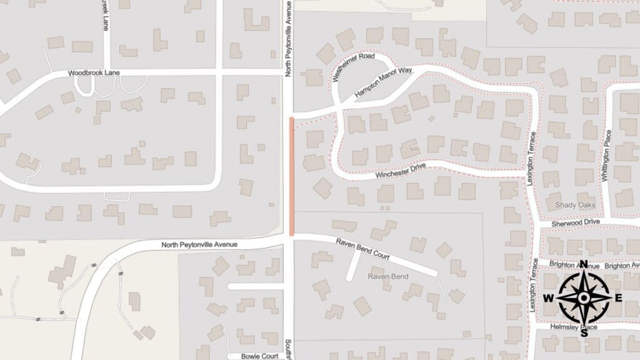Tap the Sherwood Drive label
[576, 222]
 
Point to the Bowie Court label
[261, 356]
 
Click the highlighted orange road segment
[292, 176]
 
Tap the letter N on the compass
[583, 264]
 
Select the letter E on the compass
[618, 297]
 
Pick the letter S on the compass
[583, 332]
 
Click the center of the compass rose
[583, 297]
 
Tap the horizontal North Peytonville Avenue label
[199, 244]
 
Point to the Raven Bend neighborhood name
[387, 276]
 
